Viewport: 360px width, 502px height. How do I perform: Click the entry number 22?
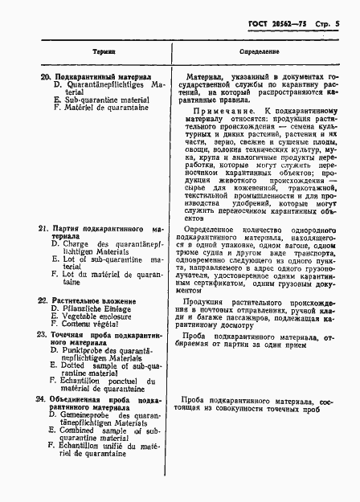point(44,300)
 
